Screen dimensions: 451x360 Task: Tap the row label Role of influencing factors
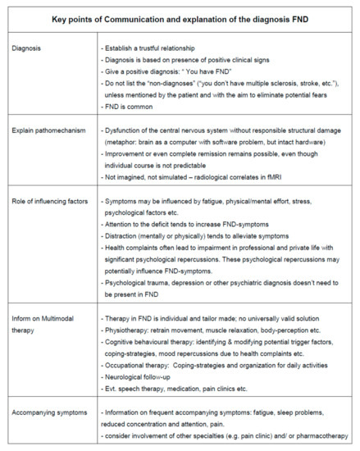click(58, 201)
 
